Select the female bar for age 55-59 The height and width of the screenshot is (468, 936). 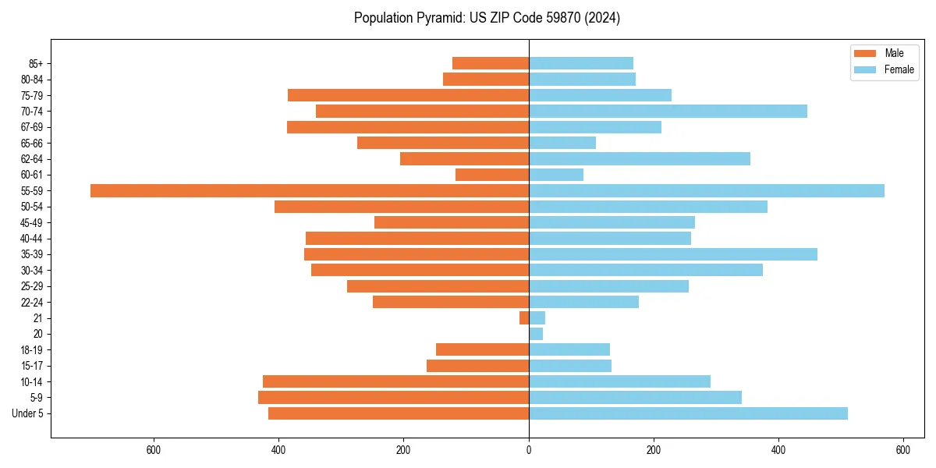(707, 190)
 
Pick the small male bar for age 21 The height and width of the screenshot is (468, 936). (524, 317)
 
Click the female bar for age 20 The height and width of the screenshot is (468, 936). (536, 334)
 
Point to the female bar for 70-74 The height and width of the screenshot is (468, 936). (668, 111)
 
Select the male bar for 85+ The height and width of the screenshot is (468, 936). (491, 63)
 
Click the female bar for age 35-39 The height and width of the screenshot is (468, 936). (673, 254)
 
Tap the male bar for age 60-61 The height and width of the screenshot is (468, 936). (492, 175)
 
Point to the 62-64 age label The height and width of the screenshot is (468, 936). (32, 159)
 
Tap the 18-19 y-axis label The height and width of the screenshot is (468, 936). (32, 349)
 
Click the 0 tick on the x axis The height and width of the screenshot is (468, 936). (529, 450)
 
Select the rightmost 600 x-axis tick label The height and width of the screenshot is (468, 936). (903, 450)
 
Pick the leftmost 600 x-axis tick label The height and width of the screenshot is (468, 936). (154, 450)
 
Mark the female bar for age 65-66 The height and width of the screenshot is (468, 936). (562, 143)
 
